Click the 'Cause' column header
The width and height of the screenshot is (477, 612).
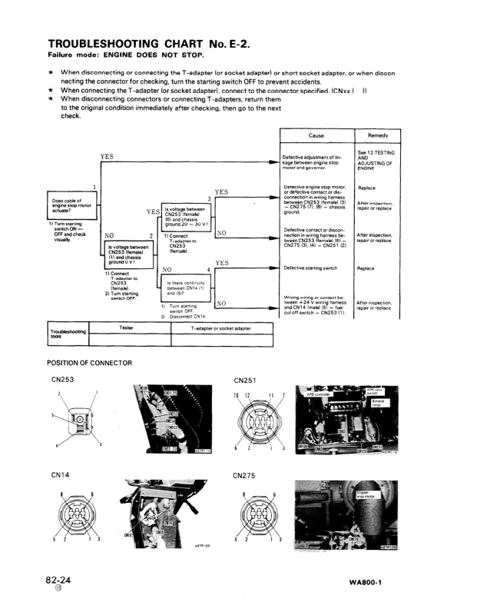click(316, 135)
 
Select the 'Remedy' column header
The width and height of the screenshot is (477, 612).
click(377, 135)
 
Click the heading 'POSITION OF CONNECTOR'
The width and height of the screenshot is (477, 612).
click(89, 362)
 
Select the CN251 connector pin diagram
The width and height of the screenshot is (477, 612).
click(257, 420)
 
